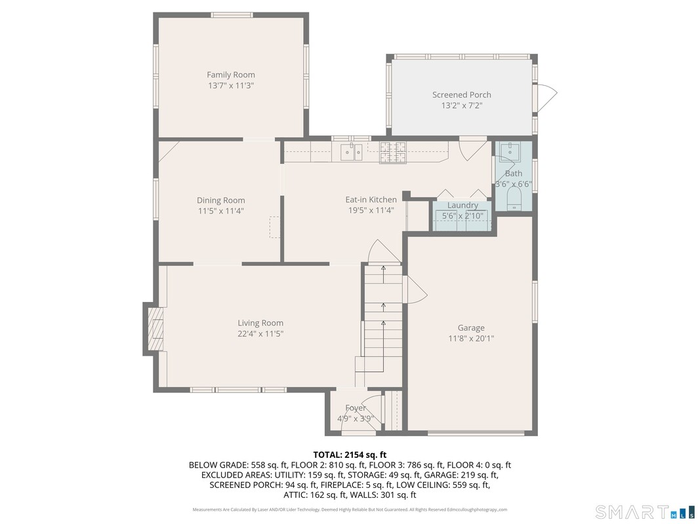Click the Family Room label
(x=231, y=75)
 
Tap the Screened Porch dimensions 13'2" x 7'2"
(x=462, y=105)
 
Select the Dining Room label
(x=221, y=200)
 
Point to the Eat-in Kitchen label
(x=371, y=200)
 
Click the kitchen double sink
(x=352, y=152)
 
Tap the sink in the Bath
(x=510, y=152)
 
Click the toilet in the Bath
(x=514, y=198)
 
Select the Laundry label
(x=463, y=206)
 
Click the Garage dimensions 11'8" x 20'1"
(x=471, y=339)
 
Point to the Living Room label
(x=260, y=323)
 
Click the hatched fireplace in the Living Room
(x=156, y=329)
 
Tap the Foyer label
(x=356, y=407)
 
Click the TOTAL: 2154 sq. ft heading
(x=350, y=455)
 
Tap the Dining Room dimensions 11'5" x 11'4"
(x=221, y=211)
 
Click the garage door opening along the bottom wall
(x=476, y=433)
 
